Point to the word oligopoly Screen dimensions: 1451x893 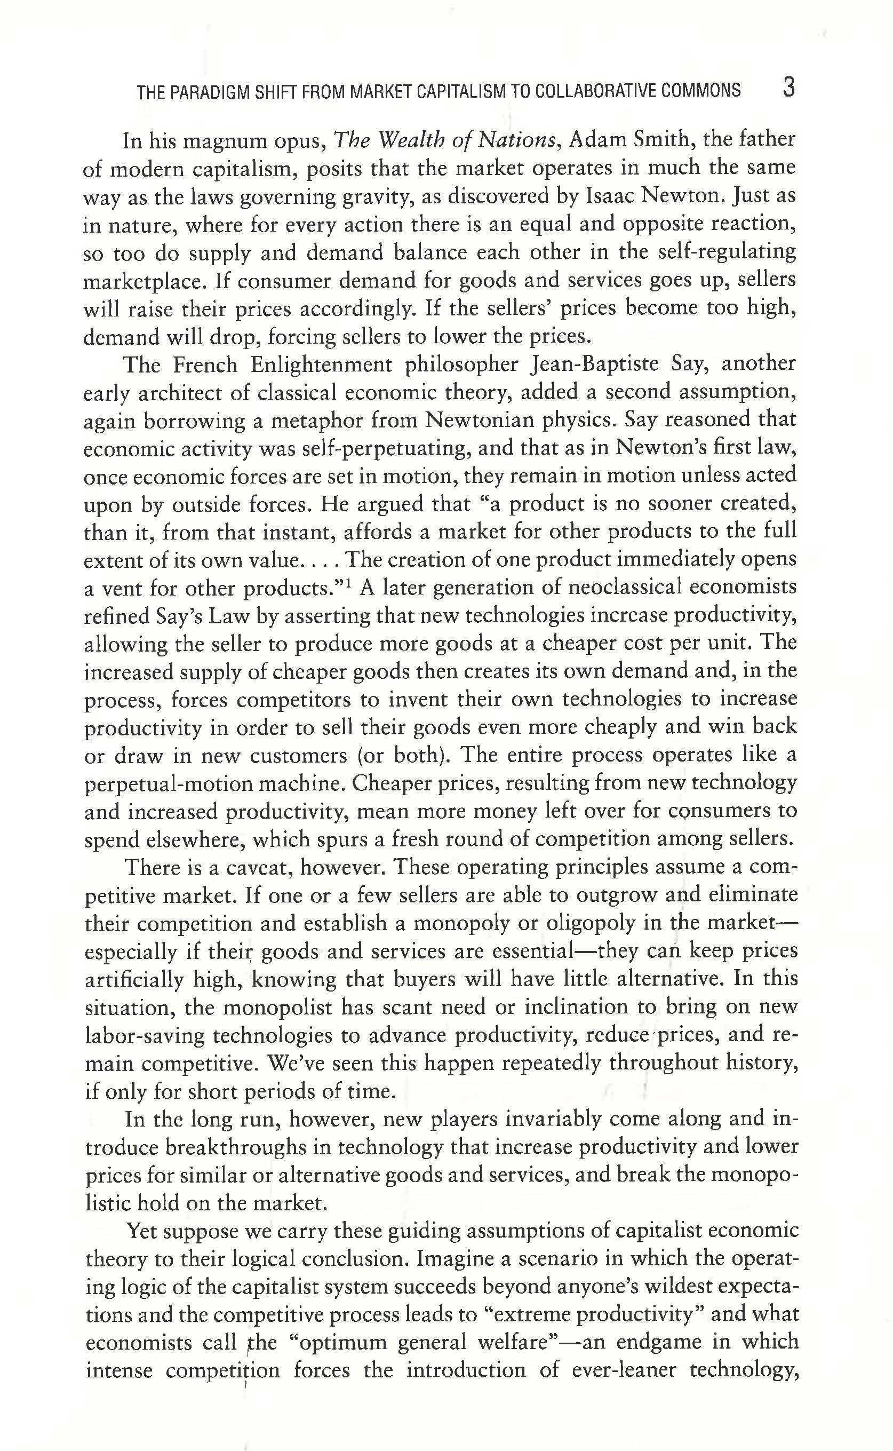pyautogui.click(x=588, y=923)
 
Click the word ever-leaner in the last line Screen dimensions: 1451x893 pyautogui.click(x=624, y=1370)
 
